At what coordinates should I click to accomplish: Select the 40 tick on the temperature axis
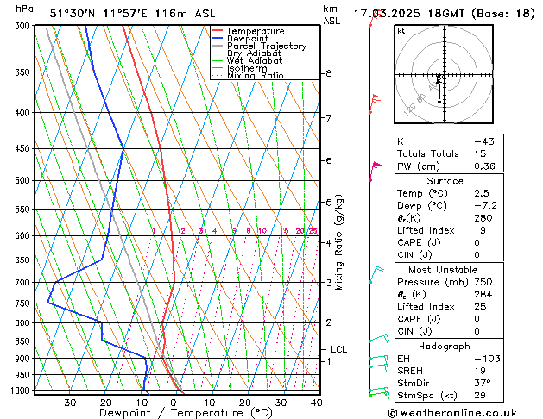[316, 402]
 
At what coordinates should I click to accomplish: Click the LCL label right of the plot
[338, 349]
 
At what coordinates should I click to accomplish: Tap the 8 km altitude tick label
[328, 73]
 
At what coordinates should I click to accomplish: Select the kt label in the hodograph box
[401, 30]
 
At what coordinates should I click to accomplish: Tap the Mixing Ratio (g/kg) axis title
[339, 242]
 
